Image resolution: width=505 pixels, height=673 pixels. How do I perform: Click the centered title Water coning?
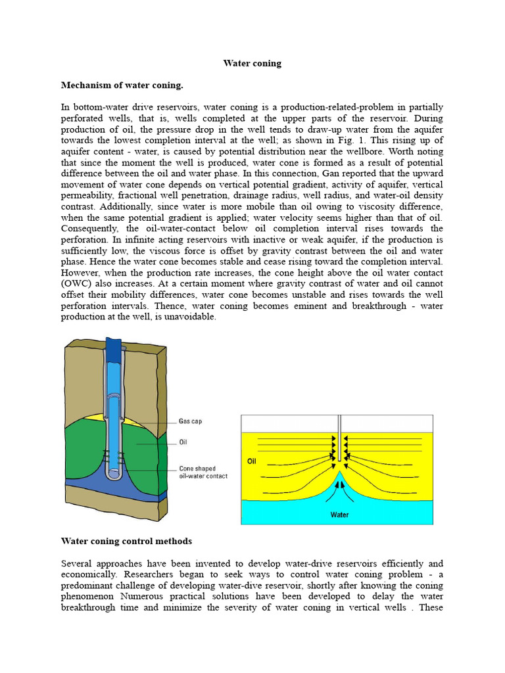tap(252, 64)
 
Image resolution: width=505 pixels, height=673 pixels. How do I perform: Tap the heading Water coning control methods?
tap(126, 541)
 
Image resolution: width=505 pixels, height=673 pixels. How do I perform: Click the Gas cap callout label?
tap(191, 422)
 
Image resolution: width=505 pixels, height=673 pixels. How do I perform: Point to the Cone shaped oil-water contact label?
tap(203, 473)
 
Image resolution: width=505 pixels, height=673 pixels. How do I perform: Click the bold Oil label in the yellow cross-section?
tap(251, 461)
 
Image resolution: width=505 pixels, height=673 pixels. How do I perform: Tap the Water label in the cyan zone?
tap(339, 515)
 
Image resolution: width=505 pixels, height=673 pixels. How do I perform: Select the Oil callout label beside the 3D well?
tap(183, 442)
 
